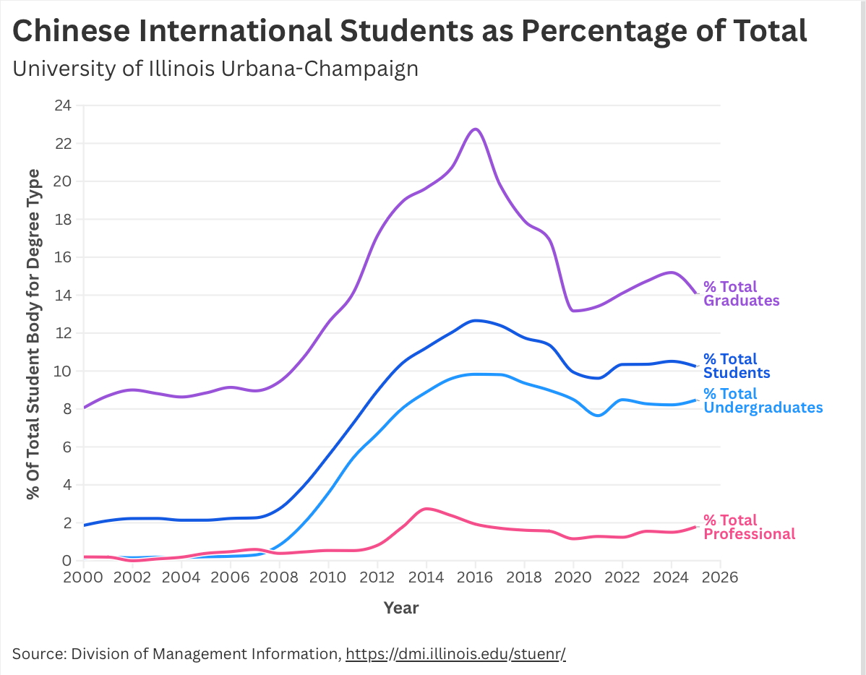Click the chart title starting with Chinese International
[410, 30]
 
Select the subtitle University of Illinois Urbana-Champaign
[215, 69]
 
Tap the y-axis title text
[33, 334]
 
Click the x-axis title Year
[401, 608]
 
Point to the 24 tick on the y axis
[63, 106]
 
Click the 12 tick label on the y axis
[63, 333]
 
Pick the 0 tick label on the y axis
[67, 561]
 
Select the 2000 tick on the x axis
[84, 578]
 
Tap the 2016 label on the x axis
[475, 578]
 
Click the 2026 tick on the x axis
[720, 578]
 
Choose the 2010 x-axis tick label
[328, 578]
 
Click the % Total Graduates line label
[741, 294]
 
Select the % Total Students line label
[736, 366]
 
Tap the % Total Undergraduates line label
[763, 401]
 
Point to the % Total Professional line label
[749, 528]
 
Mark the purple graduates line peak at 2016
[475, 129]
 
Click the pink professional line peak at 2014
[426, 509]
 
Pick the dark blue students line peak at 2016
[475, 320]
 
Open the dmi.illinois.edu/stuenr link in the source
[455, 654]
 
